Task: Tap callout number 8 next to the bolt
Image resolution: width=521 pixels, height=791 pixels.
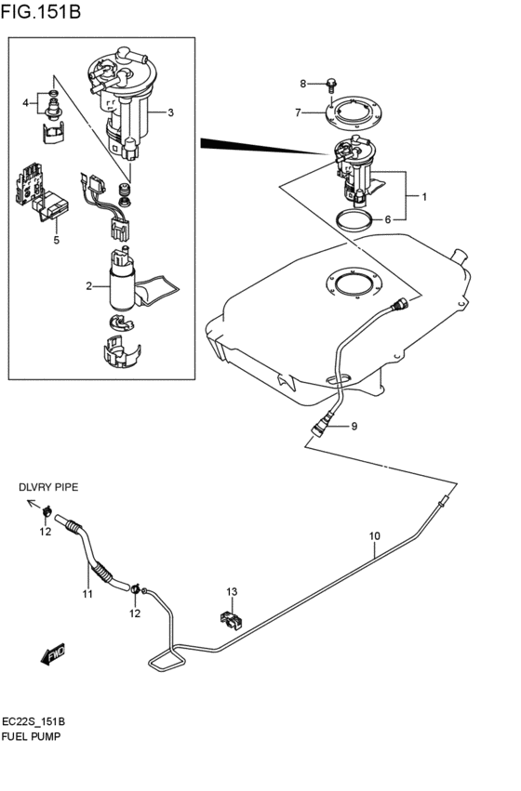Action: pyautogui.click(x=302, y=85)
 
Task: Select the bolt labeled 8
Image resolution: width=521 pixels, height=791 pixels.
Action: pyautogui.click(x=331, y=85)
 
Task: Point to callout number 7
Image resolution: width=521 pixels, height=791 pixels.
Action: pyautogui.click(x=298, y=113)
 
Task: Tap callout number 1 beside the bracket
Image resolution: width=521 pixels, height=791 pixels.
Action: pyautogui.click(x=424, y=197)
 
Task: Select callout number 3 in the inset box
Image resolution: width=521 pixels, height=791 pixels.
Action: pyautogui.click(x=171, y=113)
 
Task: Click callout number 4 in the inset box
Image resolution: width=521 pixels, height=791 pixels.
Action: pyautogui.click(x=26, y=103)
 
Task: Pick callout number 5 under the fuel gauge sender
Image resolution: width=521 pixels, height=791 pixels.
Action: pyautogui.click(x=56, y=241)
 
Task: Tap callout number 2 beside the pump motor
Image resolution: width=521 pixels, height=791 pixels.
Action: pyautogui.click(x=89, y=286)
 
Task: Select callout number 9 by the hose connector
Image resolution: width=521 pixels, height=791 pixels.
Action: pyautogui.click(x=354, y=427)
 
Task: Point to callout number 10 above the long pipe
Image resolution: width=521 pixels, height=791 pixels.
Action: pyautogui.click(x=375, y=536)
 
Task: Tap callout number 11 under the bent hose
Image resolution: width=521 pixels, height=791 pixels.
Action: pyautogui.click(x=86, y=594)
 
